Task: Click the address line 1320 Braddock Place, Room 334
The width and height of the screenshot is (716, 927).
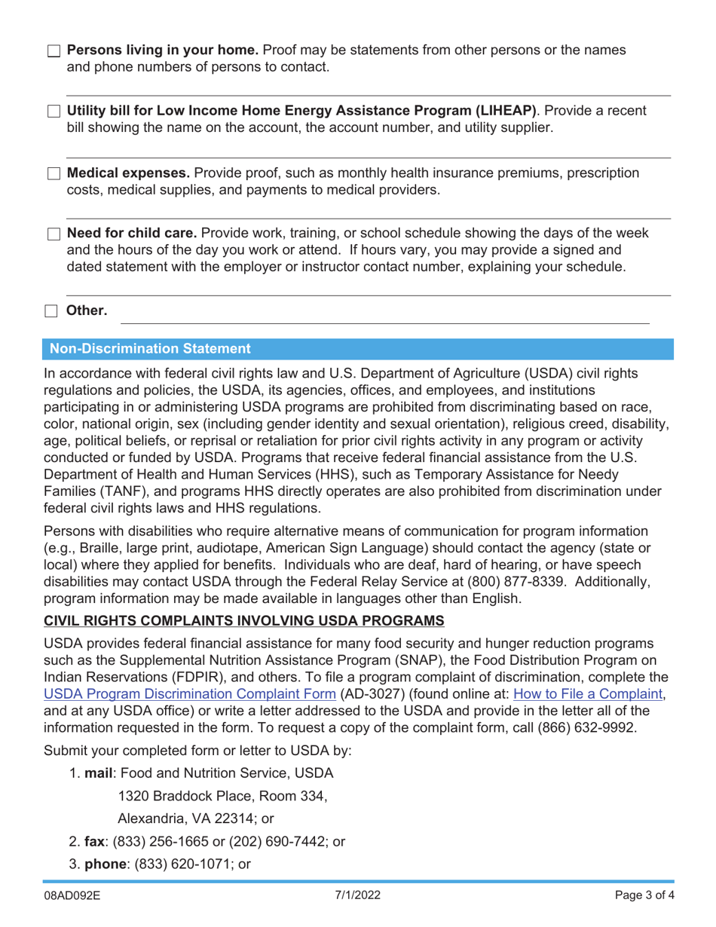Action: tap(223, 795)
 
